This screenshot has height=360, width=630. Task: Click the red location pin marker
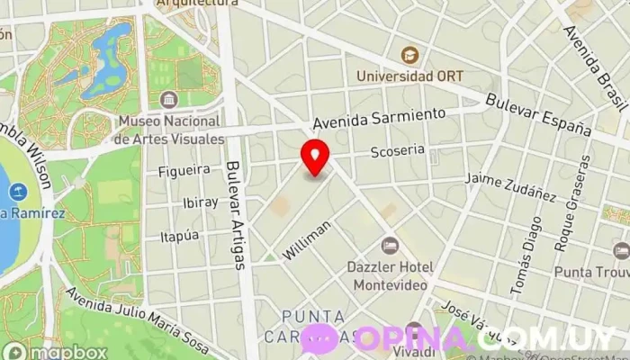click(x=314, y=156)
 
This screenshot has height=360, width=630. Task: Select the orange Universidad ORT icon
click(x=410, y=55)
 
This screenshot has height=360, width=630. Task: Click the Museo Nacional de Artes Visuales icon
click(x=168, y=100)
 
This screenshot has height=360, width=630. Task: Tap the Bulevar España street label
click(x=536, y=114)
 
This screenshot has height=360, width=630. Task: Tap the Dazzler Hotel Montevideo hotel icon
click(x=390, y=245)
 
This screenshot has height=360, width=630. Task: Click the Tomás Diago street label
click(x=525, y=256)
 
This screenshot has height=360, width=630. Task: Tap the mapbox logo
click(x=54, y=351)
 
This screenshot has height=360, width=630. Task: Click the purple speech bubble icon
click(x=319, y=339)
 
